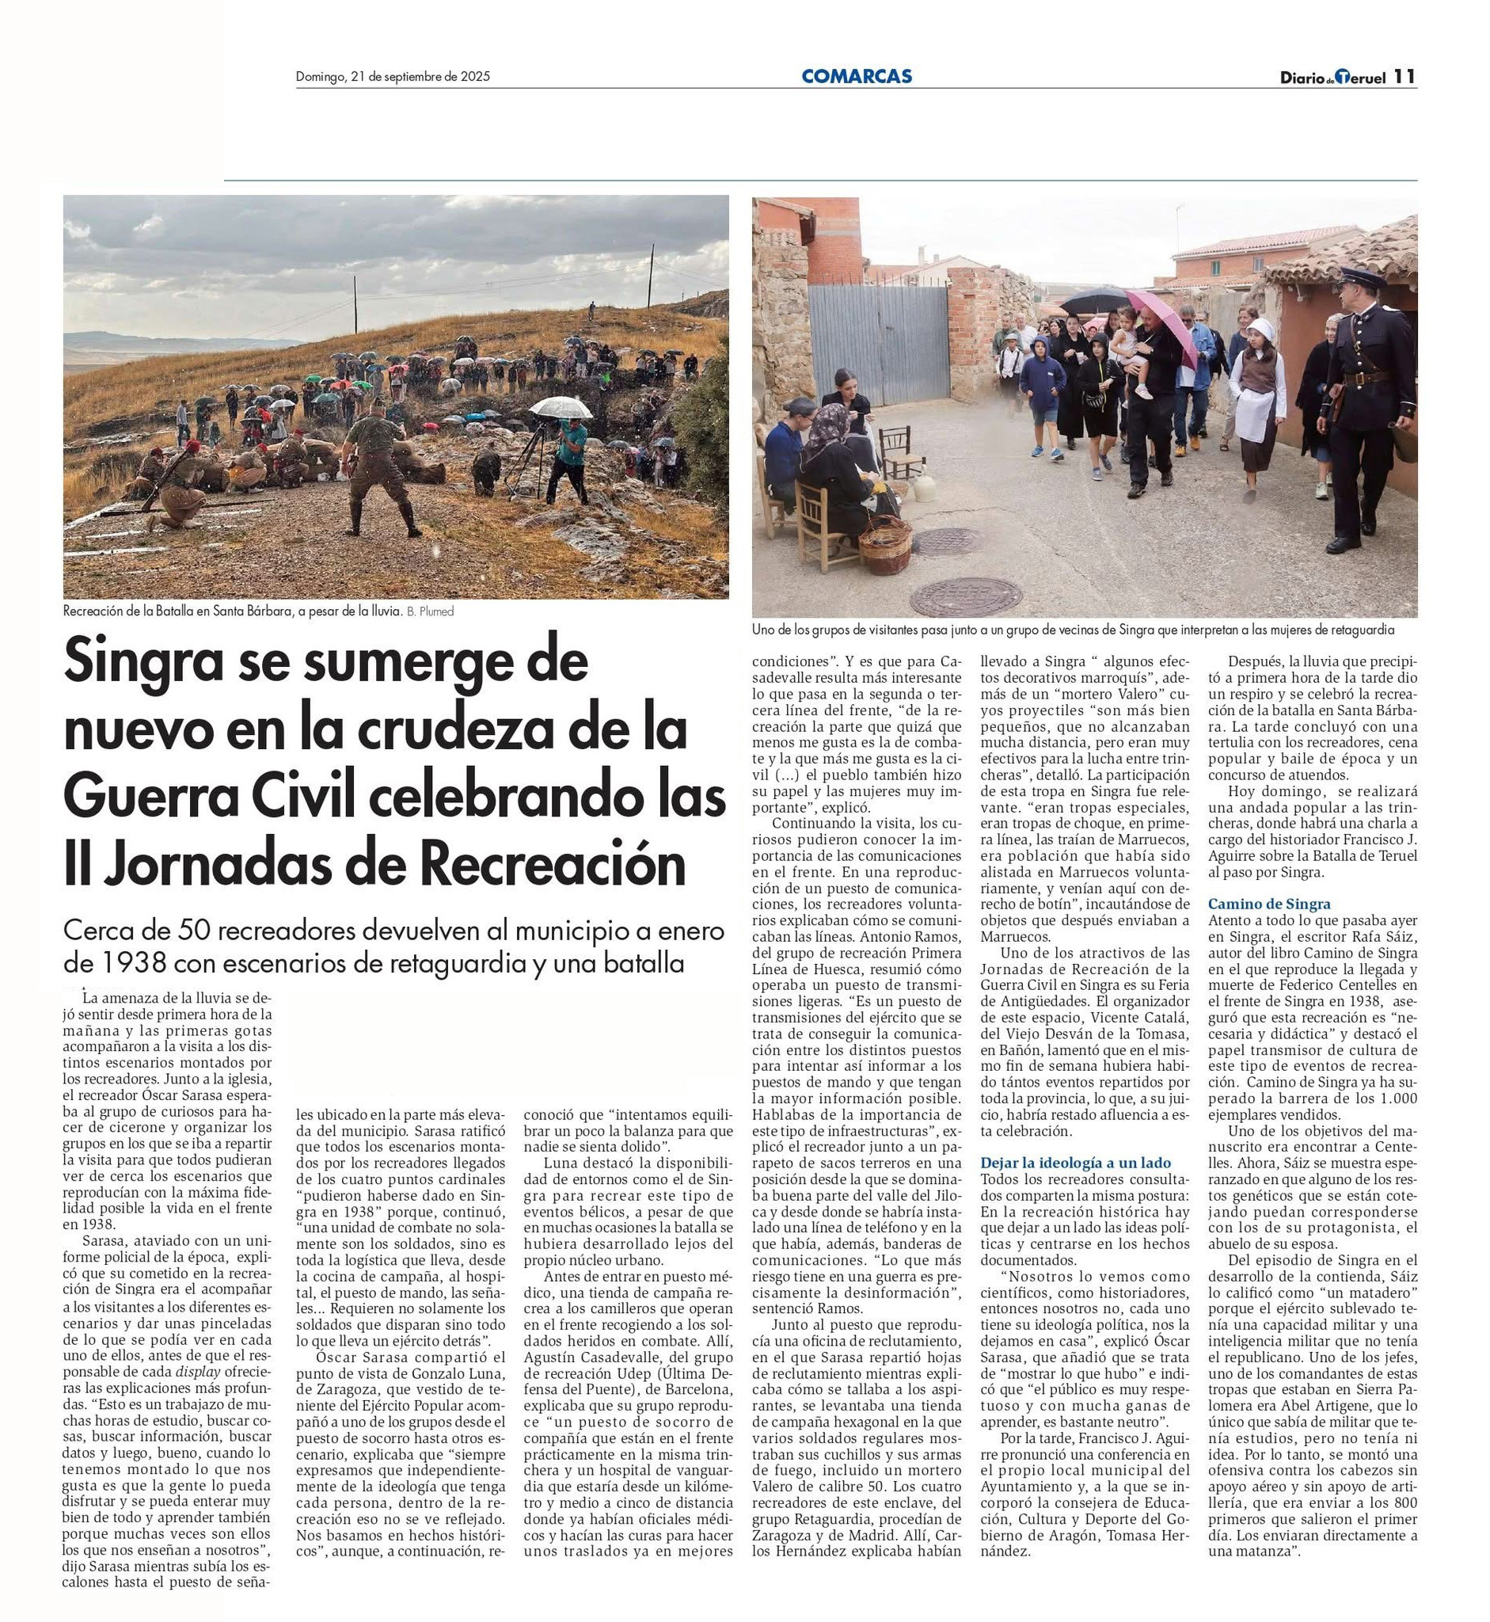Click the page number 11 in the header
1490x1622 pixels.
click(1404, 77)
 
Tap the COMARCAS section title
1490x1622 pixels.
click(857, 77)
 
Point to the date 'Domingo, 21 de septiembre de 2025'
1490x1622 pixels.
click(393, 78)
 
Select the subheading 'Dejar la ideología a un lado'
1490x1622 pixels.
click(1076, 1163)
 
